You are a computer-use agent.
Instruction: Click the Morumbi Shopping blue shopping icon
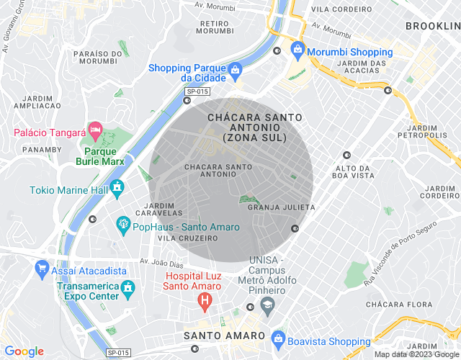297,50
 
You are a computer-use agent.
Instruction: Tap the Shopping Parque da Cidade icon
235,70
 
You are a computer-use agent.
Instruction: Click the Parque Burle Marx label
101,157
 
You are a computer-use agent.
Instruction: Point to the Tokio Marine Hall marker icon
117,189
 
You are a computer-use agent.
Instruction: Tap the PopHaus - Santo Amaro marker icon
122,225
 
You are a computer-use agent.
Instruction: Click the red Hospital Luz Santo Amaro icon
205,299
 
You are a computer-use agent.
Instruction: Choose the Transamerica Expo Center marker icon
128,288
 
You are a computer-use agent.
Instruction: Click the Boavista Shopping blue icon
278,338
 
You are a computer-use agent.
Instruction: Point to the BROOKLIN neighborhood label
432,26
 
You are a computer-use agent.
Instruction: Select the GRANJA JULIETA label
281,207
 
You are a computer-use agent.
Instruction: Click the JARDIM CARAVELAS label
158,209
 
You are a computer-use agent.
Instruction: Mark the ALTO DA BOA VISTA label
352,171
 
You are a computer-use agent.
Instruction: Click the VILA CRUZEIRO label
187,238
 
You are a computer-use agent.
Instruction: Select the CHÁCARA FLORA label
393,305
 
